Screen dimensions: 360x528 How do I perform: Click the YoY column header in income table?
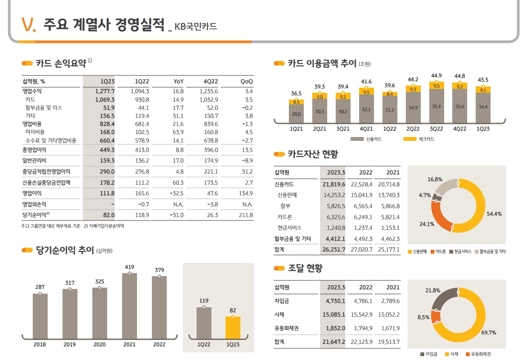pos(178,81)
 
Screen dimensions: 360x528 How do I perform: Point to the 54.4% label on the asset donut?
pos(494,214)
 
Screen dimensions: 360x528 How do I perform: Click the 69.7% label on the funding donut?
pos(488,332)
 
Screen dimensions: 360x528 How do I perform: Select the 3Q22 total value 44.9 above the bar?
pos(436,75)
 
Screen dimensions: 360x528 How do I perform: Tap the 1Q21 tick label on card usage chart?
pos(296,129)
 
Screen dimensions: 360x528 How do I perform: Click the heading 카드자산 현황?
pos(313,154)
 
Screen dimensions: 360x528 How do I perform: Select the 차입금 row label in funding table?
pos(282,301)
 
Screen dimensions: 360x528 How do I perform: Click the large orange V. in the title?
pos(29,25)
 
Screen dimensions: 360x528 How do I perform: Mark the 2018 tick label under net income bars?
pos(40,344)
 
